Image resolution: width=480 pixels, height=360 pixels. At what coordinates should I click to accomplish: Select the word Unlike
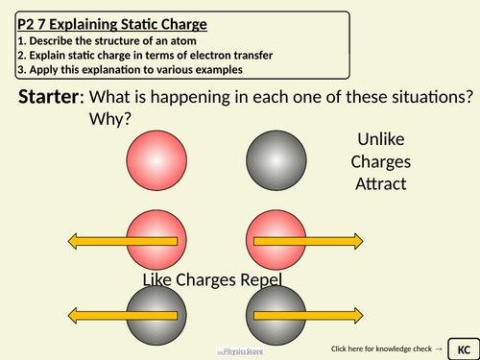(380, 139)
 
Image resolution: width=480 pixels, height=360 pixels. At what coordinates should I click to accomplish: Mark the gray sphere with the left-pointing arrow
(156, 318)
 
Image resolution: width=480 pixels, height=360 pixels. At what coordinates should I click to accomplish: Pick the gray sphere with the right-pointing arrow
(276, 318)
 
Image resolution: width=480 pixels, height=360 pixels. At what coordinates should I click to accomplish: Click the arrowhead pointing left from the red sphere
(74, 240)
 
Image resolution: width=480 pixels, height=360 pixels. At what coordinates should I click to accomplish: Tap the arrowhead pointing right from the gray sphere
(356, 318)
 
